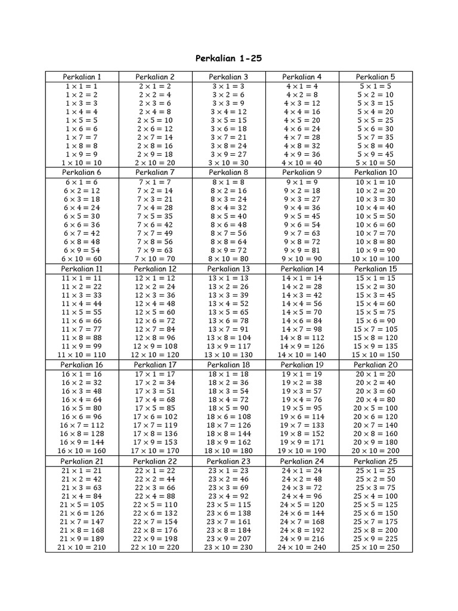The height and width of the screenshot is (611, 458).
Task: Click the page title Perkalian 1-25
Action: [229, 58]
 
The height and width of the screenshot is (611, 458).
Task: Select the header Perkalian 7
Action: [155, 172]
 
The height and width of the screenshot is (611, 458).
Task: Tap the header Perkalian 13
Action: [228, 269]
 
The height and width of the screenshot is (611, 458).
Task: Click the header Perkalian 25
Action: [376, 461]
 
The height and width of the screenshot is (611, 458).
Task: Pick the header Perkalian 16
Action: [82, 365]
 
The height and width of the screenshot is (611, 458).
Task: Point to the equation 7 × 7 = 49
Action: [155, 233]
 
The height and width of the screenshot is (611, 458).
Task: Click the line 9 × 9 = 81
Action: [302, 251]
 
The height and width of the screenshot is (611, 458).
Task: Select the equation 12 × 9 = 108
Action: [155, 346]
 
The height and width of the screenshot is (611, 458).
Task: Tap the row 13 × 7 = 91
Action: [228, 329]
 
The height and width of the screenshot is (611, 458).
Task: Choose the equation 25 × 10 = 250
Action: [376, 547]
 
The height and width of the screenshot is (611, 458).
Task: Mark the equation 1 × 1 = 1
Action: [82, 86]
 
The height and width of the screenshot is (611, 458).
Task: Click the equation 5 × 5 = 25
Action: [376, 120]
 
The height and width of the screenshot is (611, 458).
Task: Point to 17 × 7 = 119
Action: [155, 425]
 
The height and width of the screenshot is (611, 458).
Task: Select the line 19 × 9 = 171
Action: [302, 442]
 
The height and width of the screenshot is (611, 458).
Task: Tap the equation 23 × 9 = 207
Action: [228, 538]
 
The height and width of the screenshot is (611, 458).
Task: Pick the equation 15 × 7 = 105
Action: [376, 329]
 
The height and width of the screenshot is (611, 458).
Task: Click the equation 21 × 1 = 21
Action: [82, 470]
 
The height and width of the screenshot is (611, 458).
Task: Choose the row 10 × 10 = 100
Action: [376, 259]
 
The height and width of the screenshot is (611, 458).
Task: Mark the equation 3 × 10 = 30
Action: [228, 163]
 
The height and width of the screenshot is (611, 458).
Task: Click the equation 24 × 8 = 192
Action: [302, 530]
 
